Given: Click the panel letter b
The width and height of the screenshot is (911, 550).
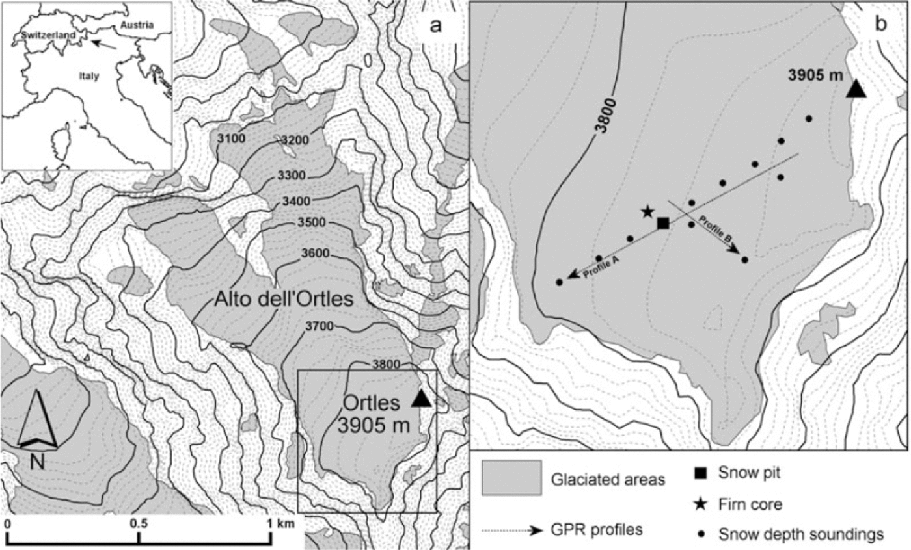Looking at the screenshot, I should tap(880, 25).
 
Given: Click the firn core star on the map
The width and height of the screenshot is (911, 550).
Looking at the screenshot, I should tap(647, 212).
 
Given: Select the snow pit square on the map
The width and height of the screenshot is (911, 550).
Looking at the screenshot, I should tap(663, 224).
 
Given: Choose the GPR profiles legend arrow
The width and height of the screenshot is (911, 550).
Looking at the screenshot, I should tap(514, 530).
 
